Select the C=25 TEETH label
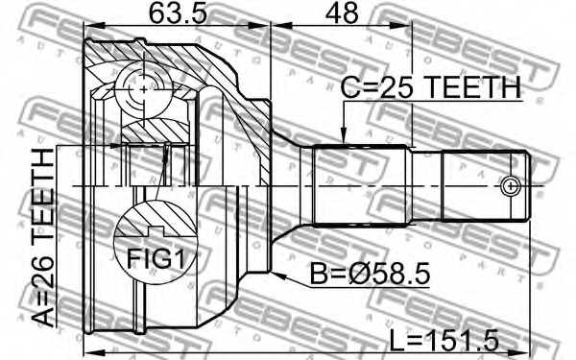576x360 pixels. coord(430,88)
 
